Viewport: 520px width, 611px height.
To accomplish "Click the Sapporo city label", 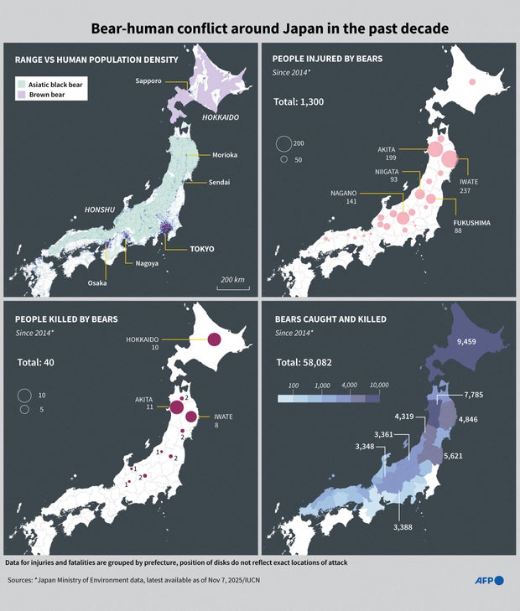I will (148, 80).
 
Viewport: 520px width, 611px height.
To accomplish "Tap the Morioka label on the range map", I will (226, 155).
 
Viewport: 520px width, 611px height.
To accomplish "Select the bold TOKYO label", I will (201, 249).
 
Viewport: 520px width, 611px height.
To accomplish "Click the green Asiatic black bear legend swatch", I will (21, 84).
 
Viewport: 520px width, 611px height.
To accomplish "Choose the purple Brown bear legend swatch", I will (21, 95).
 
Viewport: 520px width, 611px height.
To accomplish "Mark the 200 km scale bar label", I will (232, 279).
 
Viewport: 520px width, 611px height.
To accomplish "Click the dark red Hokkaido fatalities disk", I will (214, 339).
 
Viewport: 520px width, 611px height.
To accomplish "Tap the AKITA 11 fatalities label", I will (145, 404).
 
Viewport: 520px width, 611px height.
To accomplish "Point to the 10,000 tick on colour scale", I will (378, 386).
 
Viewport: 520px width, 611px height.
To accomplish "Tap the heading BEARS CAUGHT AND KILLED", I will (331, 319).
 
